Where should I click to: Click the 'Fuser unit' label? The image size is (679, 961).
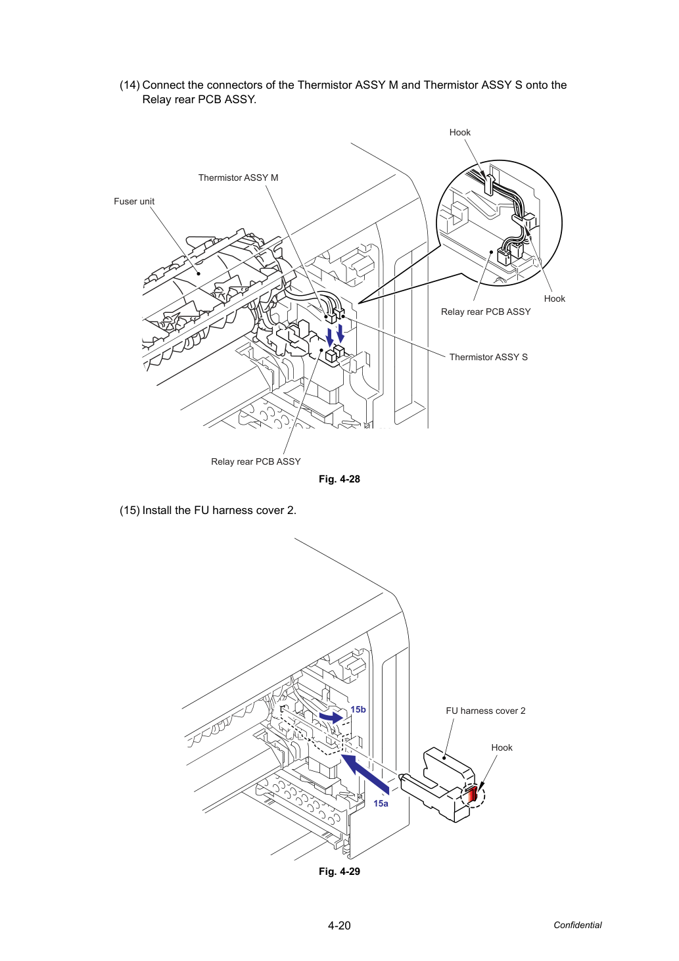pyautogui.click(x=134, y=201)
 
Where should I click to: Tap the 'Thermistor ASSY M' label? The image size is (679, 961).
pyautogui.click(x=238, y=177)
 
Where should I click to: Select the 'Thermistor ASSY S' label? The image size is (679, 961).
pyautogui.click(x=488, y=357)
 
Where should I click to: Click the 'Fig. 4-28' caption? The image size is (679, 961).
pyautogui.click(x=339, y=479)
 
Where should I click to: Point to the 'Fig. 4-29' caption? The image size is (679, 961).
pyautogui.click(x=339, y=872)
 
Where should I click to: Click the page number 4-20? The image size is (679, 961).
pyautogui.click(x=339, y=926)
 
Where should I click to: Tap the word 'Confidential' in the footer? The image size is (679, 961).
pyautogui.click(x=577, y=925)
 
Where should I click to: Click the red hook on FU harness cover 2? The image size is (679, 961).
pyautogui.click(x=472, y=795)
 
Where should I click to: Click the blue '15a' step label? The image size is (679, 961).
pyautogui.click(x=381, y=803)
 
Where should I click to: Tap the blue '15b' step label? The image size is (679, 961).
pyautogui.click(x=358, y=710)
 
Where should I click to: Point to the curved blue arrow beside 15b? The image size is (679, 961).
pyautogui.click(x=331, y=717)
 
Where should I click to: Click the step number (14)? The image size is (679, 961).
pyautogui.click(x=129, y=85)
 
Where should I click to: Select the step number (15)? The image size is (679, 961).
pyautogui.click(x=129, y=510)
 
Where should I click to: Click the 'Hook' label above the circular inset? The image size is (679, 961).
pyautogui.click(x=460, y=132)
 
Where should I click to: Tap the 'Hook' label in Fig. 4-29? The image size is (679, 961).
pyautogui.click(x=502, y=747)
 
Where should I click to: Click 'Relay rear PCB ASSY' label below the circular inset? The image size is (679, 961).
pyautogui.click(x=486, y=312)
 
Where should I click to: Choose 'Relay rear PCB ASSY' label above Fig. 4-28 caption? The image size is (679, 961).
pyautogui.click(x=256, y=461)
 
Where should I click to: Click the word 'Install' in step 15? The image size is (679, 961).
pyautogui.click(x=157, y=510)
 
